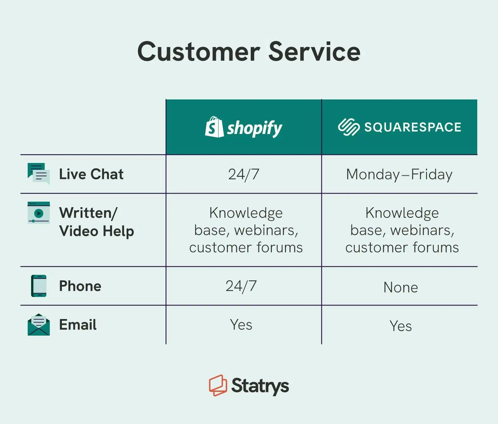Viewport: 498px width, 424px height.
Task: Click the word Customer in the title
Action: click(x=199, y=52)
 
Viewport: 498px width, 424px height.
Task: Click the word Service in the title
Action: click(x=314, y=52)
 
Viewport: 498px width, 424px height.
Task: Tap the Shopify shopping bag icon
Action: click(x=214, y=127)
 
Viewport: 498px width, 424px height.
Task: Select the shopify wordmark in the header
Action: click(x=255, y=128)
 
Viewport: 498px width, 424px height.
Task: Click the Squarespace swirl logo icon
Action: click(x=349, y=127)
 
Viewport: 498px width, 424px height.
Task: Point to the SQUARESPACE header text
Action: click(x=413, y=127)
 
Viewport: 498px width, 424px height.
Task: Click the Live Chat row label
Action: click(x=91, y=174)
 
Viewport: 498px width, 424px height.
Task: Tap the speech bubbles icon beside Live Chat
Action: click(x=38, y=174)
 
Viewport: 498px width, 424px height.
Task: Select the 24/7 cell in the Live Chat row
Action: click(x=243, y=174)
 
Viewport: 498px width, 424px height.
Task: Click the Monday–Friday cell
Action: click(x=399, y=174)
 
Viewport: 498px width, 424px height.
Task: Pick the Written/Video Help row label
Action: click(x=96, y=222)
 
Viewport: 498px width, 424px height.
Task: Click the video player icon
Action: click(x=38, y=213)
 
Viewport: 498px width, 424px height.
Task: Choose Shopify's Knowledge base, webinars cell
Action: click(x=246, y=230)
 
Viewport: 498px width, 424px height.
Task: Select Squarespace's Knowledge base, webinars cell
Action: click(x=402, y=230)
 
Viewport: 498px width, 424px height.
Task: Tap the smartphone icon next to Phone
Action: click(x=39, y=286)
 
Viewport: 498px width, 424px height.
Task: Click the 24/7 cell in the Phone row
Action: click(x=241, y=286)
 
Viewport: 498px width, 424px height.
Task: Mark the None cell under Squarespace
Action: click(x=400, y=287)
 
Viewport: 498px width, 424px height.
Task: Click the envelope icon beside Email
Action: click(x=38, y=325)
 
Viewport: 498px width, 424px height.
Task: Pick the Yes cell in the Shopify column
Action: click(x=241, y=325)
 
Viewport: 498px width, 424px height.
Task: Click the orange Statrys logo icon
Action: click(x=218, y=385)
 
